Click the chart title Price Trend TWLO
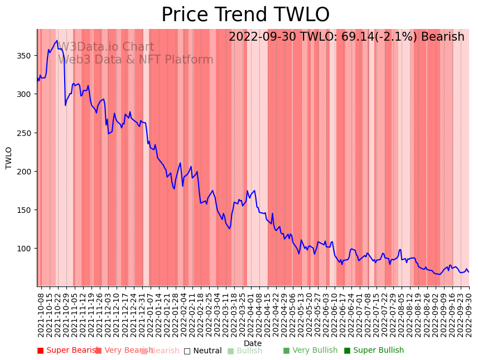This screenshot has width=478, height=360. coord(245,15)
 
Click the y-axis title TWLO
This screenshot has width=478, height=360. coord(9,158)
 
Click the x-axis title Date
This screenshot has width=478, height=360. coord(253,344)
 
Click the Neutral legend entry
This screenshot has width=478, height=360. coord(202,351)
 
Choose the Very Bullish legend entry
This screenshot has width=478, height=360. coord(310,351)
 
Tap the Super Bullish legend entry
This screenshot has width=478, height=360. coord(374,351)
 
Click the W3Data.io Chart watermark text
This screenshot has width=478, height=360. coord(106,47)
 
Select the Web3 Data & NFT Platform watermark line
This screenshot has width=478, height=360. coord(136,60)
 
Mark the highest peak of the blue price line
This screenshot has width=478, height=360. coord(57,40)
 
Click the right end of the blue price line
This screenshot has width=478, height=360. coord(469,272)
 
